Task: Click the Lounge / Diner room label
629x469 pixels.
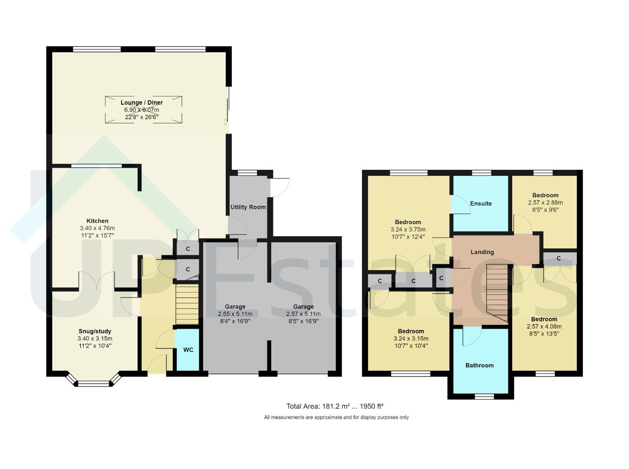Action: pyautogui.click(x=142, y=102)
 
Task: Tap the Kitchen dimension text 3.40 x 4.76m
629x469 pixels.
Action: pyautogui.click(x=97, y=228)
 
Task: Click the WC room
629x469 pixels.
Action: pyautogui.click(x=188, y=350)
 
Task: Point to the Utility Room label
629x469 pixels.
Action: pyautogui.click(x=248, y=207)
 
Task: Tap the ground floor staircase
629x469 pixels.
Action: pyautogui.click(x=187, y=304)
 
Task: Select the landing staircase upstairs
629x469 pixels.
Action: pyautogui.click(x=497, y=292)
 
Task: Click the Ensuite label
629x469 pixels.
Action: pyautogui.click(x=481, y=203)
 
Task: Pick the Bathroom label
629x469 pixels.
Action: pyautogui.click(x=479, y=365)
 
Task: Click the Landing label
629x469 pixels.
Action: pyautogui.click(x=482, y=252)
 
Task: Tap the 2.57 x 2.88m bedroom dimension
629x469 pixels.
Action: pyautogui.click(x=545, y=202)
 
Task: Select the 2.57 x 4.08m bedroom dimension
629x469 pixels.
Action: pyautogui.click(x=544, y=327)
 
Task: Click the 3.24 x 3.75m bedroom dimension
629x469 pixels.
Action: pyautogui.click(x=408, y=230)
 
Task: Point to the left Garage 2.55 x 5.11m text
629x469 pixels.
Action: pyautogui.click(x=235, y=314)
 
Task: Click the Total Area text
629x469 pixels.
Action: pyautogui.click(x=335, y=406)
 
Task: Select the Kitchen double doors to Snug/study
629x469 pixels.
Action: pyautogui.click(x=96, y=281)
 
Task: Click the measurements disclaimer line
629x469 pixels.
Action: pyautogui.click(x=336, y=417)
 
